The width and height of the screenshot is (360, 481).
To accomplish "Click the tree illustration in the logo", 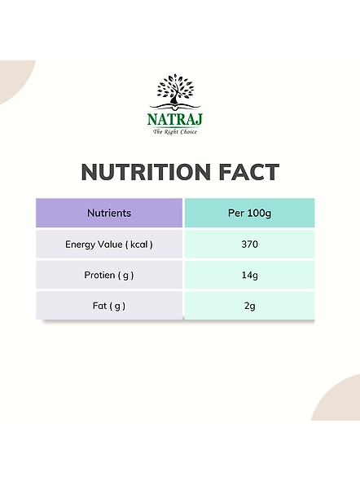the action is [x=174, y=89].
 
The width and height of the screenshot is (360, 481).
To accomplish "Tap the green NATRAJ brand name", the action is [x=174, y=119].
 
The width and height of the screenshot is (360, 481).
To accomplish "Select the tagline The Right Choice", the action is [x=174, y=132].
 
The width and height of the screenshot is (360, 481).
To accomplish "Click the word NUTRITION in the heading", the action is [x=146, y=172].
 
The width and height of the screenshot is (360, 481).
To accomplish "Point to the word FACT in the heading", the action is [x=249, y=172].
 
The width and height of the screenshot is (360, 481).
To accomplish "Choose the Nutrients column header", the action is [x=109, y=213].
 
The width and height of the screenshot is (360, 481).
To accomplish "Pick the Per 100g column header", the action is [x=250, y=213].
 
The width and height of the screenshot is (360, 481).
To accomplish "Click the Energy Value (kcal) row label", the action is [x=109, y=245].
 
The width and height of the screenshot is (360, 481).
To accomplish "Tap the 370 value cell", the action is [x=250, y=245].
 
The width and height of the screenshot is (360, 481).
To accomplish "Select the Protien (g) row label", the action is [x=109, y=276].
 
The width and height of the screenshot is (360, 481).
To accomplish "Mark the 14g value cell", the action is [x=250, y=275].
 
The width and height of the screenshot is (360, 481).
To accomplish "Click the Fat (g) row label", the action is [x=109, y=306].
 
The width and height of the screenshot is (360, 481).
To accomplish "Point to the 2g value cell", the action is [x=250, y=306].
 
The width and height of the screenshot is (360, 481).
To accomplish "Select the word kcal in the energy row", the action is [x=138, y=245].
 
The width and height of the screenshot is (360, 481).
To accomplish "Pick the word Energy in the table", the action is [x=78, y=245].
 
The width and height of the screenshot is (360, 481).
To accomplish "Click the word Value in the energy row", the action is [x=108, y=245].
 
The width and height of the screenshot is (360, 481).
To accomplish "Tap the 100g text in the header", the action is [x=259, y=214].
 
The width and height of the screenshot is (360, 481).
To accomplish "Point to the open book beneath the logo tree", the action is [x=174, y=106].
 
